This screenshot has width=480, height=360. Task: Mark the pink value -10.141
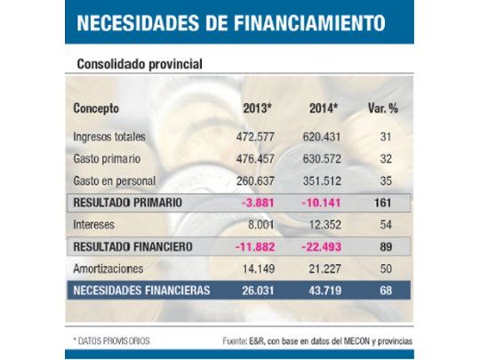325,203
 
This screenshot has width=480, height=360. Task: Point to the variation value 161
385,203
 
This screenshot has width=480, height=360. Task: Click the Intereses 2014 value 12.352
326,224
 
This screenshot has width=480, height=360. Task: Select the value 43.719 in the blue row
325,289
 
